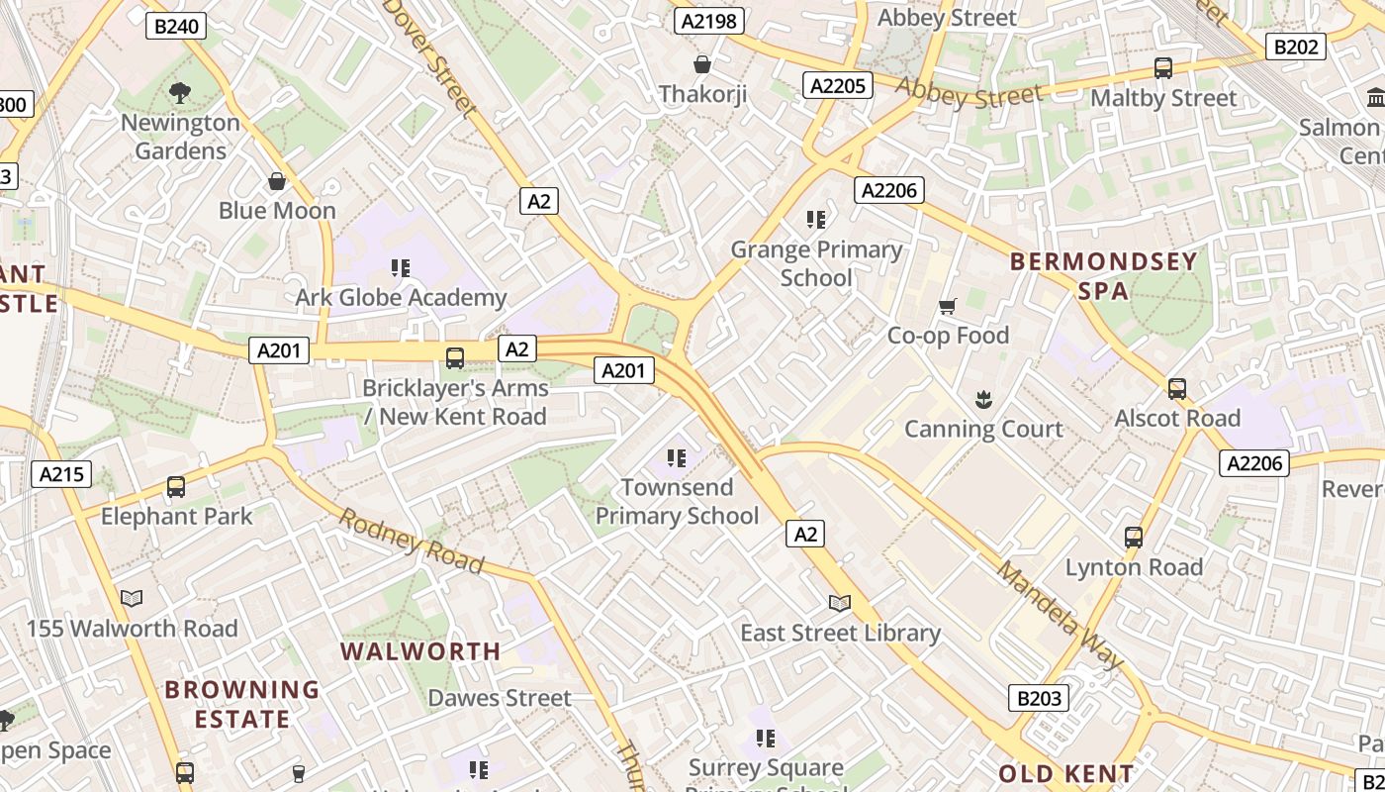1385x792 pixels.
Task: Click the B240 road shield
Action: pyautogui.click(x=177, y=26)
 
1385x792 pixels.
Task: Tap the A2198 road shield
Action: pyautogui.click(x=708, y=21)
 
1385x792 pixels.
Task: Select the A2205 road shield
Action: pyautogui.click(x=838, y=86)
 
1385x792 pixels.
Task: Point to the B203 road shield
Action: pyautogui.click(x=1039, y=698)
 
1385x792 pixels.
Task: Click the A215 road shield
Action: pyautogui.click(x=61, y=474)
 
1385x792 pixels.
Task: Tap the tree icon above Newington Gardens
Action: pyautogui.click(x=179, y=94)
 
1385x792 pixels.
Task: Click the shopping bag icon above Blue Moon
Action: pyautogui.click(x=277, y=181)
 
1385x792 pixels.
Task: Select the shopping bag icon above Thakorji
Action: pyautogui.click(x=702, y=65)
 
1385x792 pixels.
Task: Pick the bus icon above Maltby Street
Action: pyautogui.click(x=1163, y=68)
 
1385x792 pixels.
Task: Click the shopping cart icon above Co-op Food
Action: pyautogui.click(x=948, y=307)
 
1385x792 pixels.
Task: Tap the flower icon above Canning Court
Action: pyautogui.click(x=983, y=400)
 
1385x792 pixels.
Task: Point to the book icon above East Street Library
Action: pyautogui.click(x=840, y=603)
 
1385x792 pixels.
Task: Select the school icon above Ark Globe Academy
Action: pyautogui.click(x=401, y=267)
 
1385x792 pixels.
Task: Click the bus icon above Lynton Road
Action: pyautogui.click(x=1134, y=538)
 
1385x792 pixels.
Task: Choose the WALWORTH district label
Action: pyautogui.click(x=420, y=651)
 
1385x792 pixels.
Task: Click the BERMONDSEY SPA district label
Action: pyautogui.click(x=1103, y=276)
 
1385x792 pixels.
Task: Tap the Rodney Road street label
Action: pyautogui.click(x=412, y=541)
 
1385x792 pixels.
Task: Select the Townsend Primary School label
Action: pyautogui.click(x=678, y=501)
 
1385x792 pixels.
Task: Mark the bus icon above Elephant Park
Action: pyautogui.click(x=176, y=486)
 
